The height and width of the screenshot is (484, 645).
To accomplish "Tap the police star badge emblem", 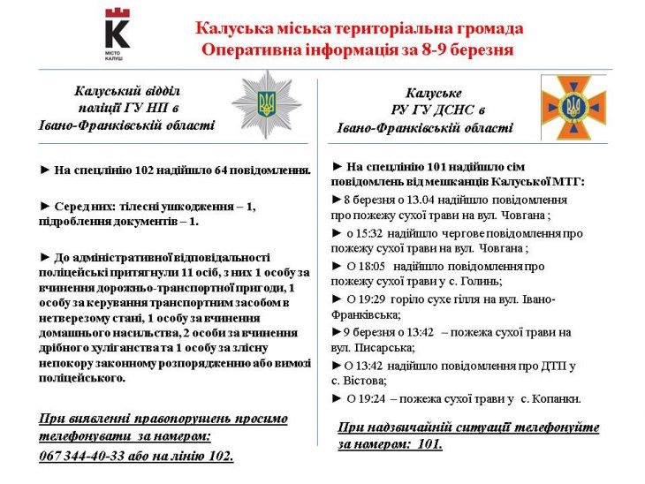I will pos(266,104).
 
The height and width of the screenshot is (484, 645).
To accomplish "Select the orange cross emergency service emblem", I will pos(573,107).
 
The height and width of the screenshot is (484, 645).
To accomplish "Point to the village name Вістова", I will pos(363,381).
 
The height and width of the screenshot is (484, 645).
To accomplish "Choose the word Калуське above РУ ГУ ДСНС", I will pos(434,93).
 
